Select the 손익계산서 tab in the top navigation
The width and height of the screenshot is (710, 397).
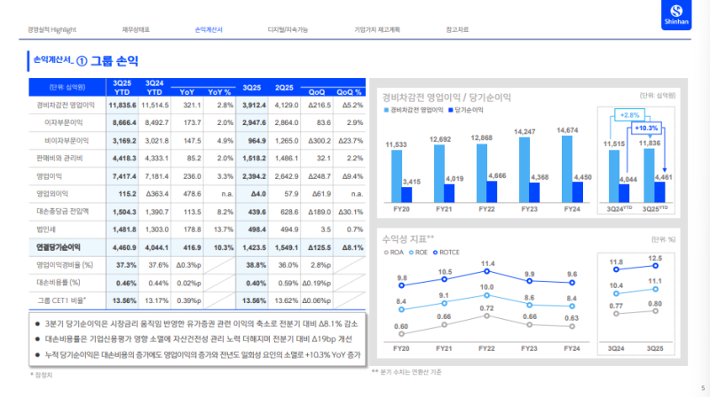[x=209, y=30]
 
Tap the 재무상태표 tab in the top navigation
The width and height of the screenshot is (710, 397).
[x=135, y=30]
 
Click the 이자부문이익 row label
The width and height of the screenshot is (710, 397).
[x=64, y=122]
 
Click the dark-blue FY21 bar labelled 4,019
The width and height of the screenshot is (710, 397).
[x=449, y=192]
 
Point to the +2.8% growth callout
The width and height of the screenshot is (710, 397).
[x=629, y=115]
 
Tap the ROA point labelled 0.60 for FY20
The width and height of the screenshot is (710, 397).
[x=402, y=334]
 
